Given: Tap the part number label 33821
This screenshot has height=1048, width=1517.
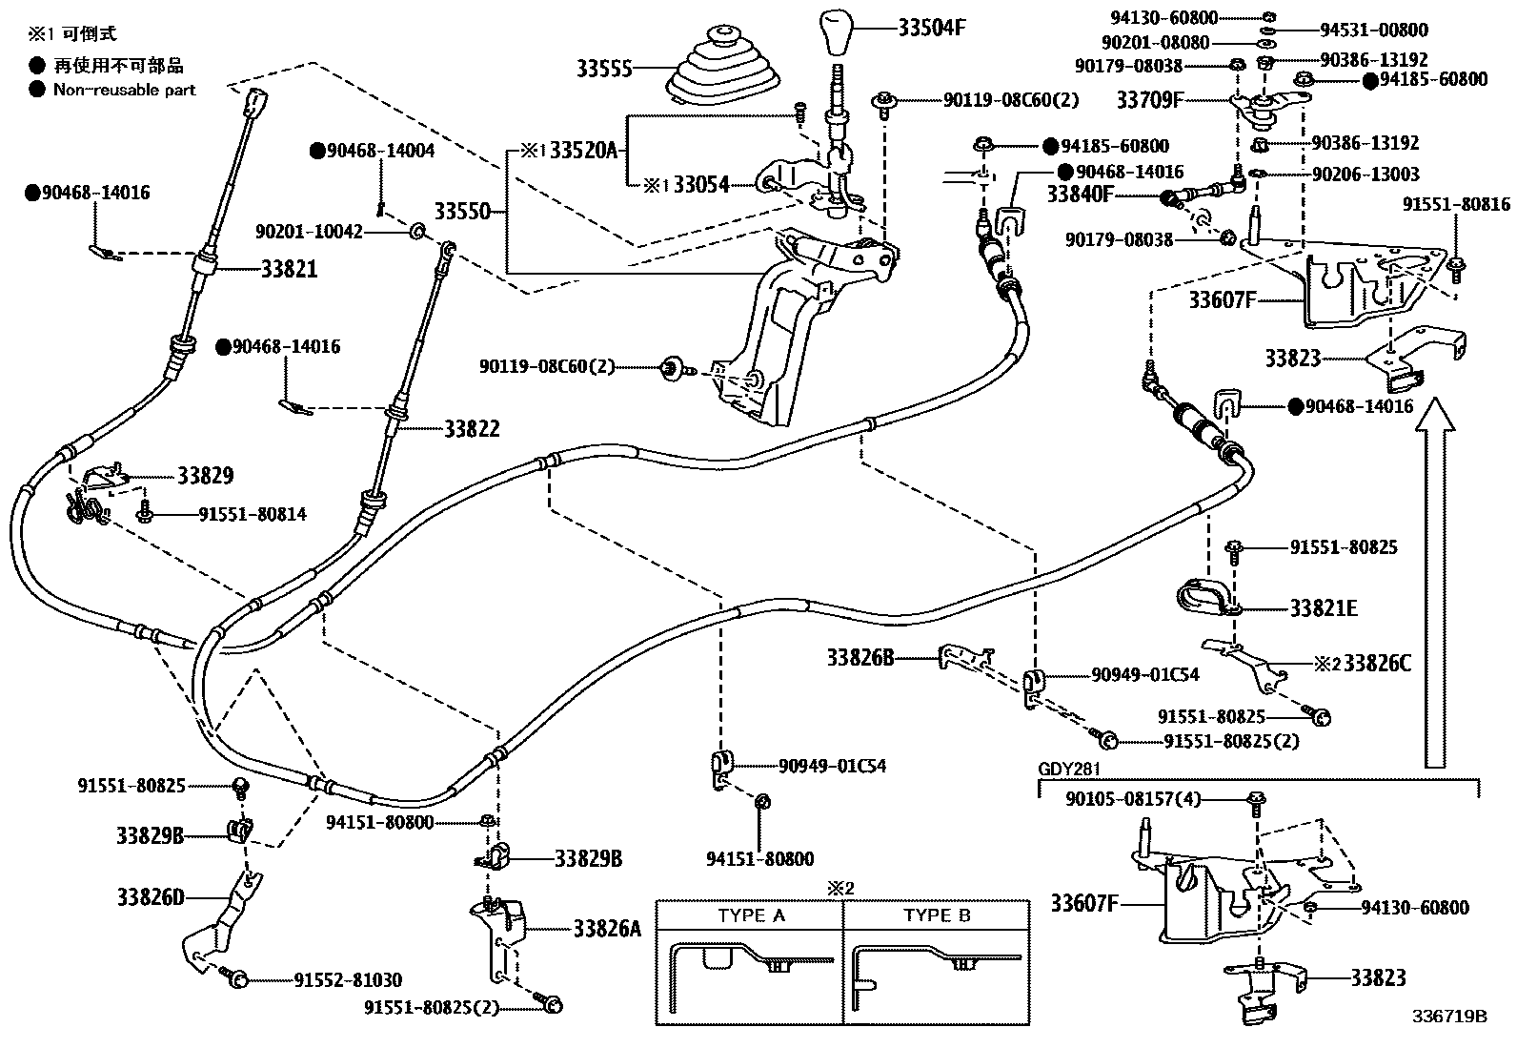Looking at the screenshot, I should (289, 269).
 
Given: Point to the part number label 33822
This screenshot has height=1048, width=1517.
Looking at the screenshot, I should (472, 429).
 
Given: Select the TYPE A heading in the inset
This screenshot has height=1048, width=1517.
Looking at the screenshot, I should (751, 915).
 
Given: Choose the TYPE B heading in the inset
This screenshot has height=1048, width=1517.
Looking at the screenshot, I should (937, 915).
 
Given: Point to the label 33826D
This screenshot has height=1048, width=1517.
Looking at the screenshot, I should (150, 896).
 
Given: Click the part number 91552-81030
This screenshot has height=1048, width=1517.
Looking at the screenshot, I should (347, 980).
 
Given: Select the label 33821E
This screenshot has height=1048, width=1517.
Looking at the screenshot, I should (1324, 608).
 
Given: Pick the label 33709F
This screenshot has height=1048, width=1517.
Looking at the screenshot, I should (1149, 98).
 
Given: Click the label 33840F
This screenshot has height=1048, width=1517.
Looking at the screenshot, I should (1081, 195).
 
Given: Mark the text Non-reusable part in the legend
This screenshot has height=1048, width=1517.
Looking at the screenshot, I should (124, 90).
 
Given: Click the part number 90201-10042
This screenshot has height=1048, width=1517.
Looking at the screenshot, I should (309, 232).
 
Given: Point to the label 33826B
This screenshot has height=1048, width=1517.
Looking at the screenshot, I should (860, 657).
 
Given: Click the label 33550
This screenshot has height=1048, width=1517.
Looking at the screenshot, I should (462, 210).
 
